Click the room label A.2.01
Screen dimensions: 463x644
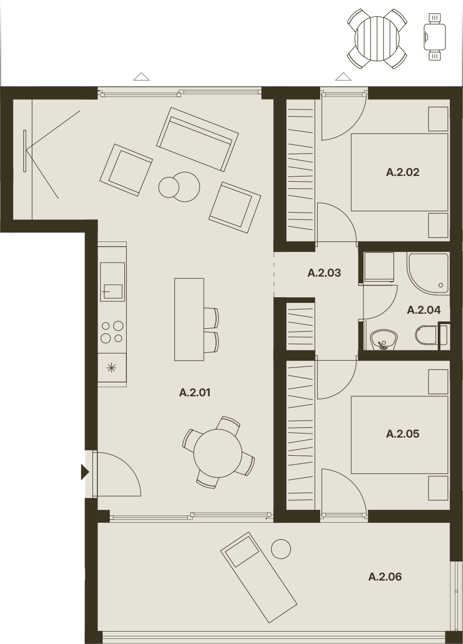coord(195,392)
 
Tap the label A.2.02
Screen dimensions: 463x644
coord(402,172)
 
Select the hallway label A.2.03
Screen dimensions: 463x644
coord(324,273)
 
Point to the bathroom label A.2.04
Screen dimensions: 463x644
coord(424,310)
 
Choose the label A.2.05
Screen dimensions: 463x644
coord(402,434)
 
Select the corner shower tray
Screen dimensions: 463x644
coord(427,274)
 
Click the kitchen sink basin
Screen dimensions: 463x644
coord(112,292)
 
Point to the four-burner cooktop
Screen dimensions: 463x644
coord(112,332)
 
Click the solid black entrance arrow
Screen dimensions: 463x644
coord(85,472)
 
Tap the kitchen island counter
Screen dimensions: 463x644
coord(189,319)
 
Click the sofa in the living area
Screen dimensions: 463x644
coord(197,139)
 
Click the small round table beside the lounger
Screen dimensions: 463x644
coord(281,549)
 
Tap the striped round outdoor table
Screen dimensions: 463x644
coord(377,39)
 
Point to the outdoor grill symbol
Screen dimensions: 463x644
coord(435,37)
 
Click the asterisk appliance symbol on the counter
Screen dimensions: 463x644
coord(111,368)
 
